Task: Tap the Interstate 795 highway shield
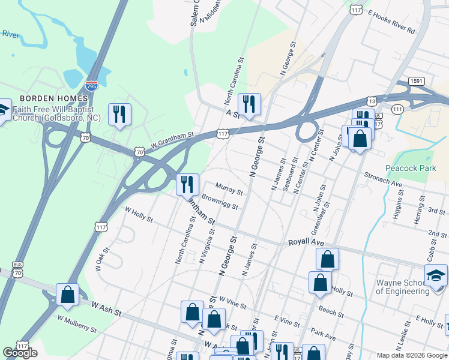tap(92, 86)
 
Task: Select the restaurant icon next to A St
tap(249, 104)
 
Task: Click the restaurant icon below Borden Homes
tap(119, 114)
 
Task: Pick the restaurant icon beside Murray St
tap(187, 184)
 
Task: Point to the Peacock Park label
tap(411, 169)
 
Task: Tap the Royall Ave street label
tap(306, 242)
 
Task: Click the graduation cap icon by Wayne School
tap(436, 275)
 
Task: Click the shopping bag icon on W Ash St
tap(67, 295)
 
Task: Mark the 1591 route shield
tap(417, 81)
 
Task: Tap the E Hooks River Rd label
tap(392, 21)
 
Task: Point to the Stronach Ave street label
tap(384, 178)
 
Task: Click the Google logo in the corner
tap(20, 353)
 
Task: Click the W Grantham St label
tap(173, 141)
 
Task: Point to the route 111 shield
tap(397, 109)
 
